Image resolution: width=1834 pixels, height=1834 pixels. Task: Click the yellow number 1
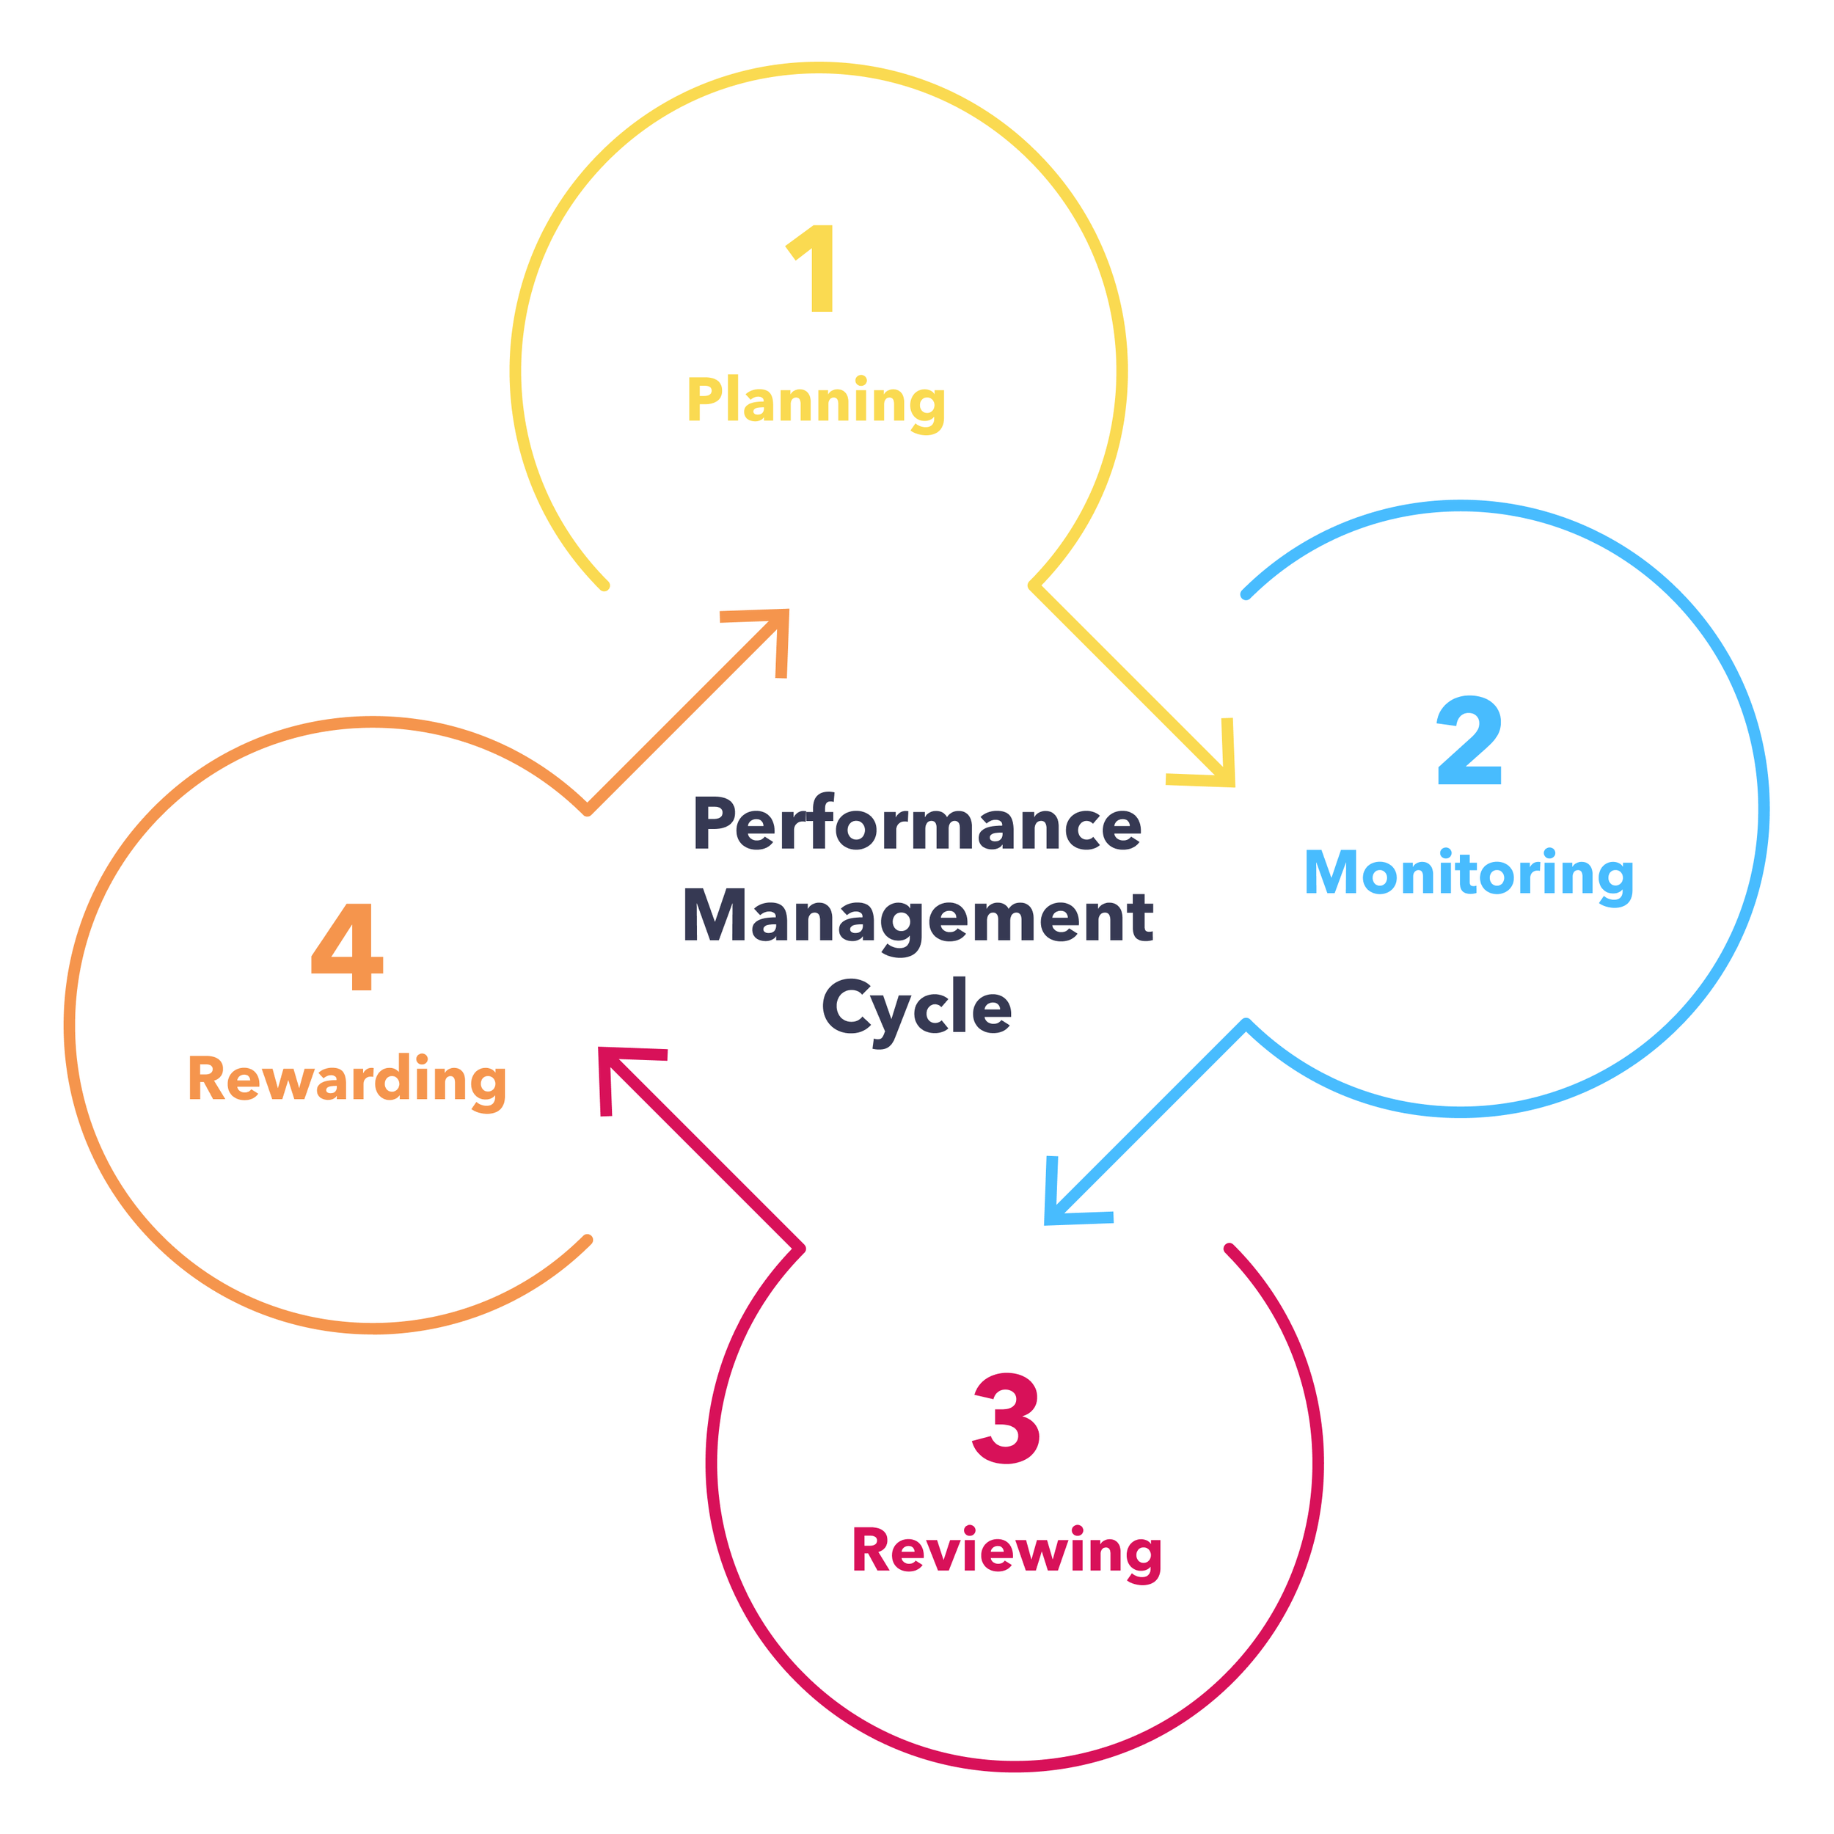pos(814,268)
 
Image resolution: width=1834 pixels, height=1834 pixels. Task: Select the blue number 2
pos(1469,740)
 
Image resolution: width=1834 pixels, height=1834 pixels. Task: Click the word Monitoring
pos(1469,873)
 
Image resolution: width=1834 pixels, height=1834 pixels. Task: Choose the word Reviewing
pos(1006,1551)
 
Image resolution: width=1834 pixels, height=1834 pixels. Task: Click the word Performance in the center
pos(917,824)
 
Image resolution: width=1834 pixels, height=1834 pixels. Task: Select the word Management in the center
pos(917,917)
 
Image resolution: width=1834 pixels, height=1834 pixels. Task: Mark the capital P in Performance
pos(714,823)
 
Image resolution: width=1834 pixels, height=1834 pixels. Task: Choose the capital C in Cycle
pos(847,1006)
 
